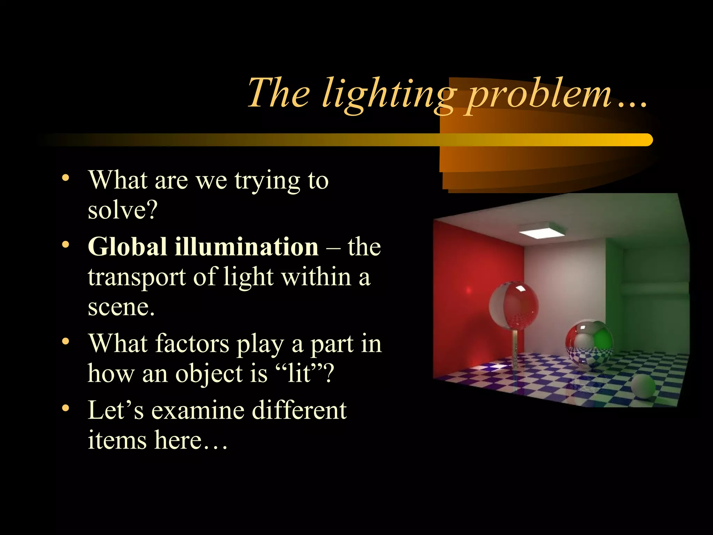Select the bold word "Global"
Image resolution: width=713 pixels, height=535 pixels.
point(127,247)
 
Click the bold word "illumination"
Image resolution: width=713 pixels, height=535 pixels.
point(246,247)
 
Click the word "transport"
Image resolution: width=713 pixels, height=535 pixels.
point(136,277)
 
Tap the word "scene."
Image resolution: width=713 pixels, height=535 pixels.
point(121,307)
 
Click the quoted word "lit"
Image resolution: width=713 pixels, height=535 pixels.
point(298,373)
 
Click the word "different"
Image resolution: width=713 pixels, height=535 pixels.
point(299,410)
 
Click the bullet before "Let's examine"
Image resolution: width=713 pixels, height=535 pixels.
point(65,408)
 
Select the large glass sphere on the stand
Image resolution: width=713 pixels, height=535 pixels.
point(514,305)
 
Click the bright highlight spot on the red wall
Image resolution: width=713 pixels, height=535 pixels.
point(469,290)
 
